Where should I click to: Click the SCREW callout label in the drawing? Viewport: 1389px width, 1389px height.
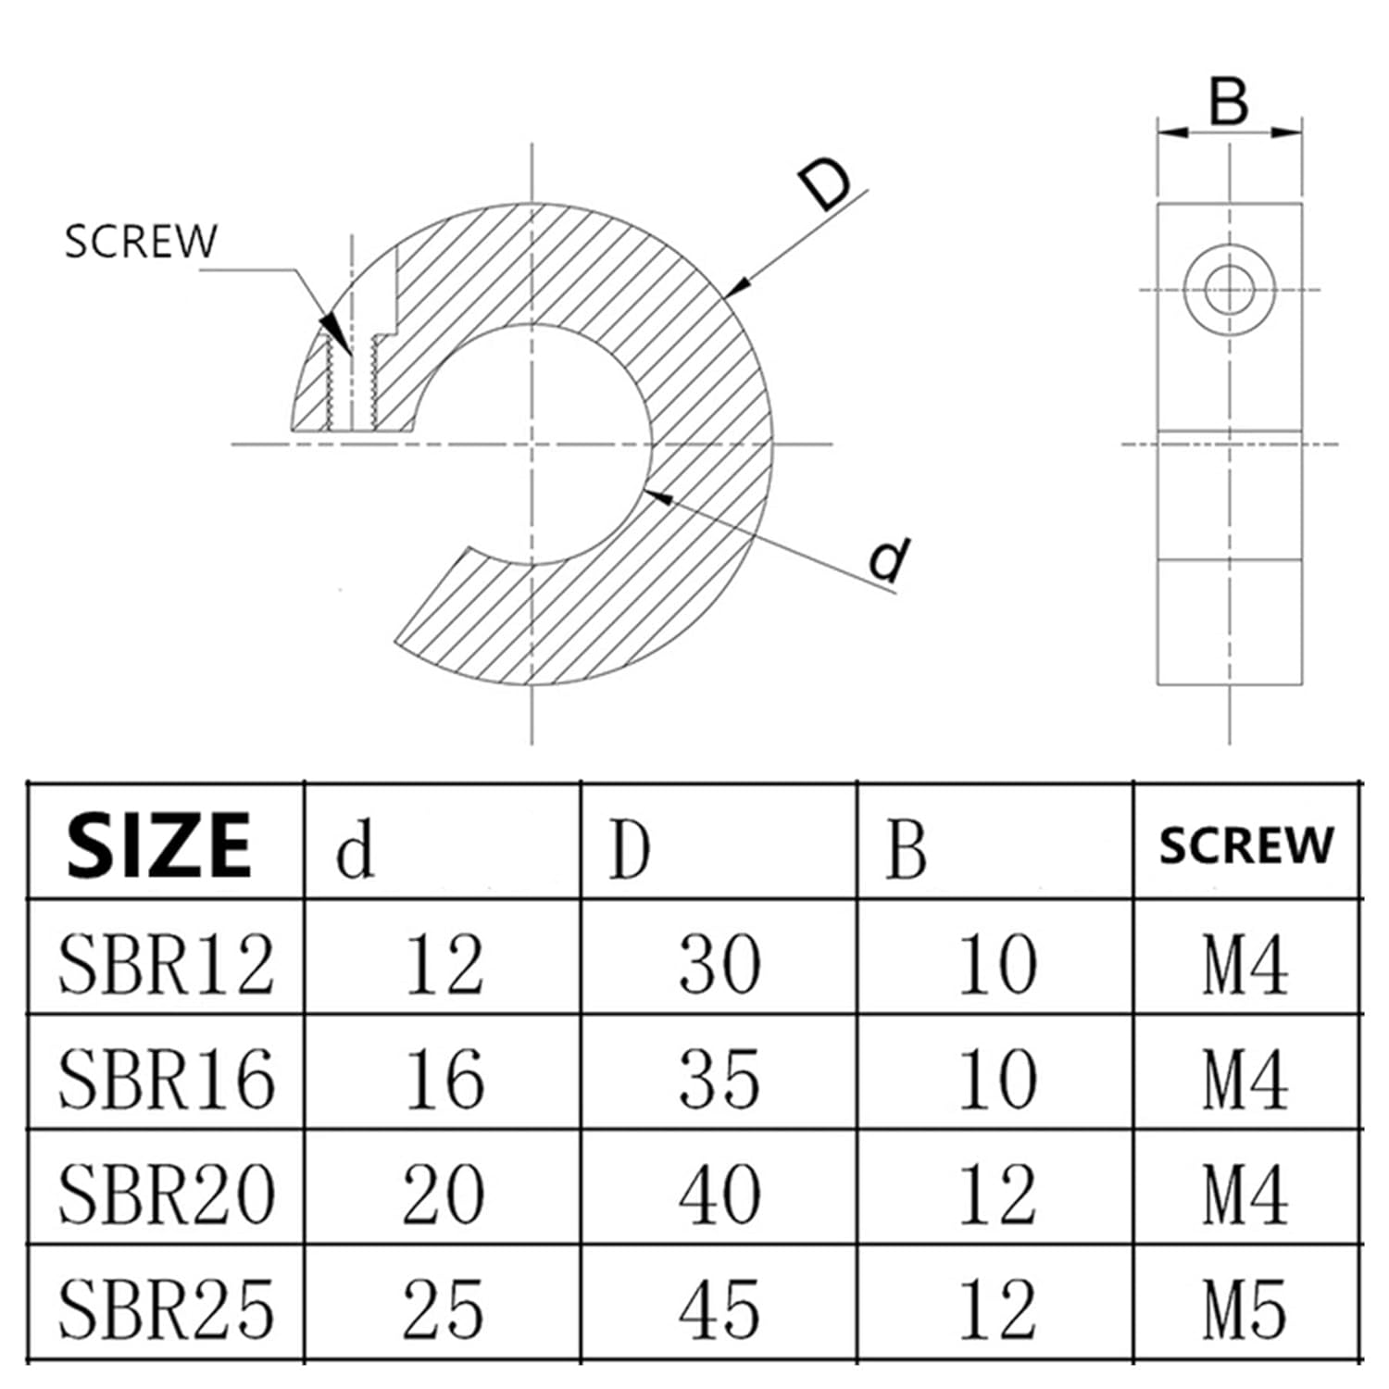click(141, 241)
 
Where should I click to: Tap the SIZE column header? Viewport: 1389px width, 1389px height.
click(158, 844)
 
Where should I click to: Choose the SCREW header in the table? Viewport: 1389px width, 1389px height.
click(1246, 845)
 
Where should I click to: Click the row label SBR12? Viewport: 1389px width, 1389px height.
click(167, 964)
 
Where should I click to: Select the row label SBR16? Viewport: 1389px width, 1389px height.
click(167, 1079)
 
